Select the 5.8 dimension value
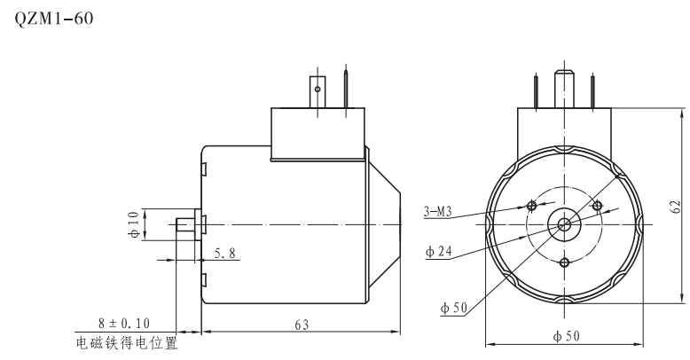[x=225, y=254]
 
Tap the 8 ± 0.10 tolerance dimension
[x=125, y=325]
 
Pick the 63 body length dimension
[x=302, y=325]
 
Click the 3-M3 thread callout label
[x=438, y=212]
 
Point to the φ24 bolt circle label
[x=439, y=253]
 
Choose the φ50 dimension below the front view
[x=565, y=337]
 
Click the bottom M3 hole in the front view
[x=564, y=262]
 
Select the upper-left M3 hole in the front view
[x=531, y=206]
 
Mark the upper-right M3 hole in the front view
[x=597, y=206]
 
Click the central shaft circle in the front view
[x=564, y=224]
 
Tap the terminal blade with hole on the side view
[x=317, y=90]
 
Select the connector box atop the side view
[x=318, y=134]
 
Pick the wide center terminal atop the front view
[x=564, y=88]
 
